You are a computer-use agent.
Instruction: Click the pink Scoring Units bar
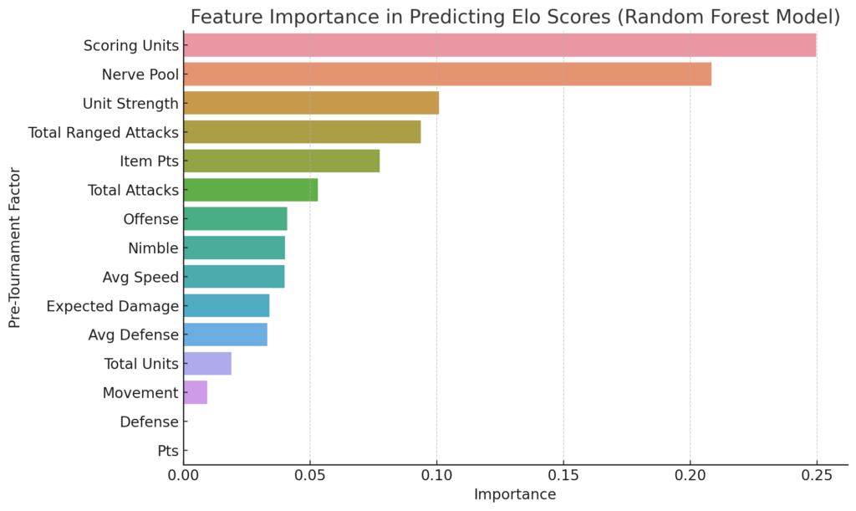(x=500, y=45)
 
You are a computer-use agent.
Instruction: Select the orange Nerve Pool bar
(x=448, y=74)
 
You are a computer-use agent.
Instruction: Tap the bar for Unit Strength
(x=311, y=103)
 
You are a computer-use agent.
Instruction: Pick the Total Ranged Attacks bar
(x=303, y=131)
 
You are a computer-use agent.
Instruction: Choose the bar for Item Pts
(x=282, y=161)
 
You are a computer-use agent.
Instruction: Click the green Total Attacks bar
(x=251, y=190)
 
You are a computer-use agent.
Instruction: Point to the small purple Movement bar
(x=196, y=392)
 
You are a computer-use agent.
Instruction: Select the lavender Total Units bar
(x=207, y=363)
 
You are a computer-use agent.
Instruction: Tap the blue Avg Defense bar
(x=226, y=335)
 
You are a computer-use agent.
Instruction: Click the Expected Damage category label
(x=113, y=306)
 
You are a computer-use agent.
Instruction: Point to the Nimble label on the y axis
(x=154, y=248)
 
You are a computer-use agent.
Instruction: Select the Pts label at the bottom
(x=168, y=451)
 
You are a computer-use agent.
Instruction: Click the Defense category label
(x=149, y=422)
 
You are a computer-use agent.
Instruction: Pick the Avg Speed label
(x=140, y=278)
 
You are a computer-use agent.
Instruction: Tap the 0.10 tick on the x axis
(x=436, y=476)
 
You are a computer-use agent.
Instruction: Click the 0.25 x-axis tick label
(x=817, y=476)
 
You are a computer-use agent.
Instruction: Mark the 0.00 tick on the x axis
(x=184, y=476)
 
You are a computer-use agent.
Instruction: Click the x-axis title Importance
(x=515, y=494)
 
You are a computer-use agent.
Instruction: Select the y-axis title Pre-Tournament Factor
(x=15, y=248)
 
